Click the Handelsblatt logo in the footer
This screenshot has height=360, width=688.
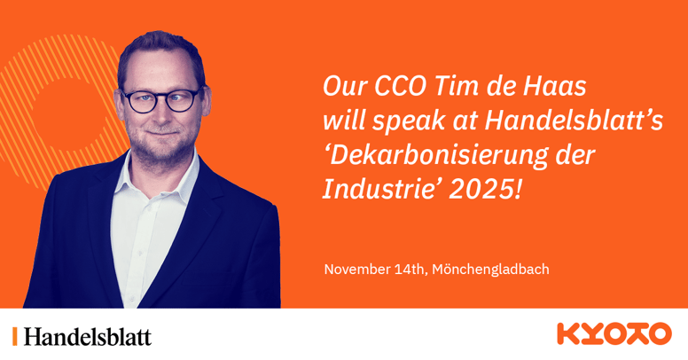[x=87, y=336]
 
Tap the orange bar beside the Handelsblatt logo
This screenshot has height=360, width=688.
[x=14, y=336]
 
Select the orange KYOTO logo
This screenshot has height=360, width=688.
[x=614, y=334]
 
